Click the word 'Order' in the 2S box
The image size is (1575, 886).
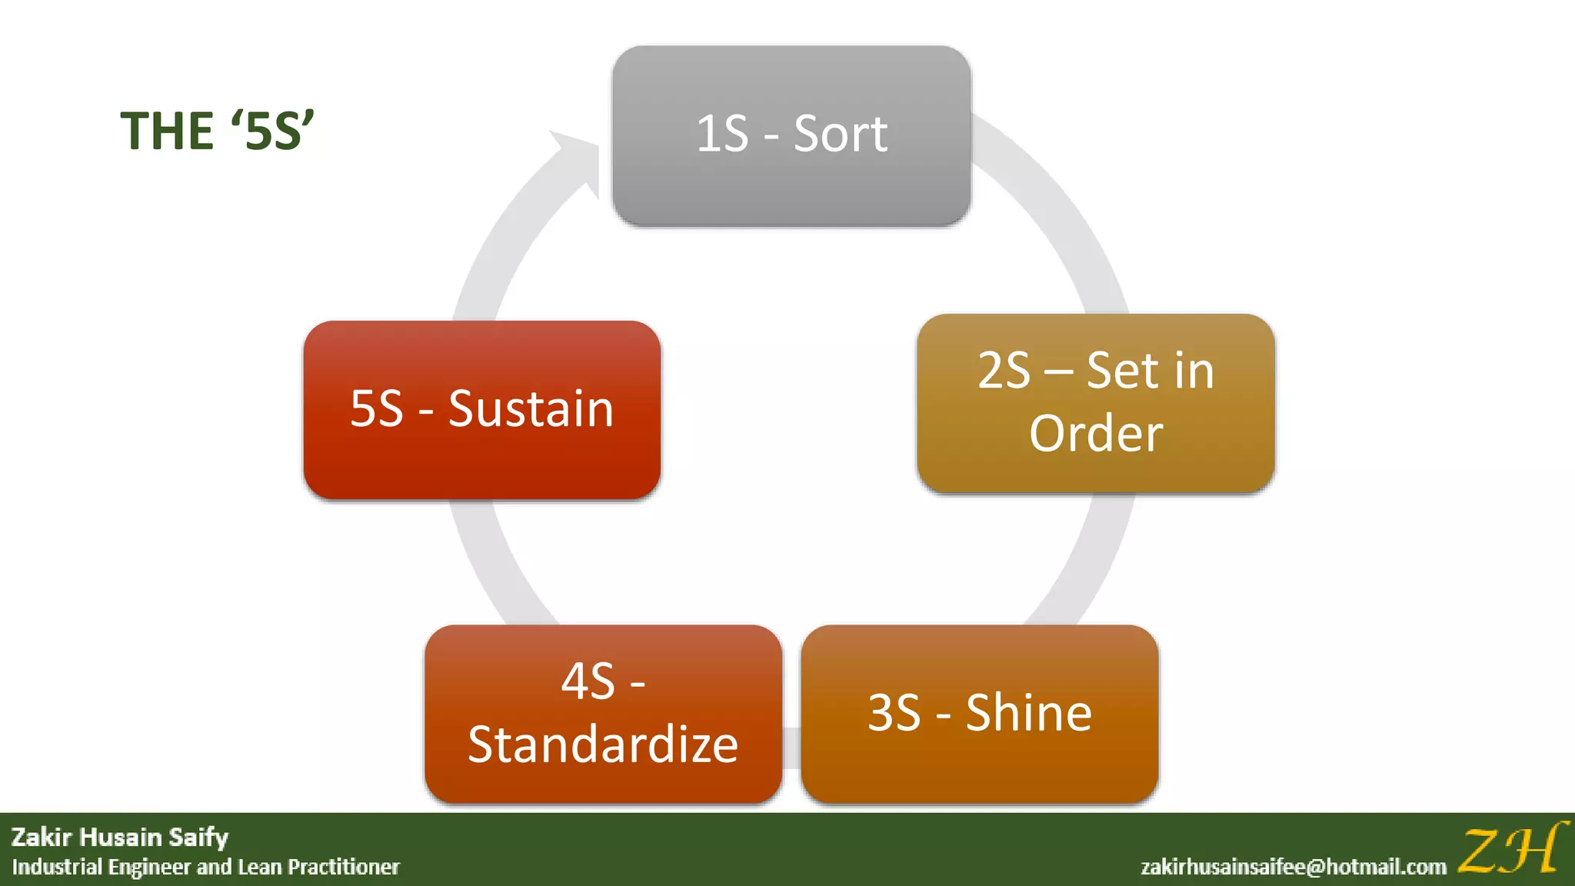pyautogui.click(x=1096, y=434)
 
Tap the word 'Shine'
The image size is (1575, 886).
pyautogui.click(x=1028, y=713)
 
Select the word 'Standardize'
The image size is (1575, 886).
pyautogui.click(x=603, y=744)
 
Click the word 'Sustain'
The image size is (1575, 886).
pyautogui.click(x=531, y=408)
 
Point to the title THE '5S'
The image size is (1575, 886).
pyautogui.click(x=217, y=131)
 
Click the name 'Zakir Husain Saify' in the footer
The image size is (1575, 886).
pyautogui.click(x=120, y=837)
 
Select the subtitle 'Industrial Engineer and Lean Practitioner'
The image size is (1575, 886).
pyautogui.click(x=206, y=868)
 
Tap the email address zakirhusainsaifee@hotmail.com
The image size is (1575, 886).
pyautogui.click(x=1294, y=868)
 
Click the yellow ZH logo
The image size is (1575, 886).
pyautogui.click(x=1511, y=849)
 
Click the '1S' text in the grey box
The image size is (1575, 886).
pyautogui.click(x=721, y=135)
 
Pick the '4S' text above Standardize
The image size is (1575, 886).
pyautogui.click(x=588, y=681)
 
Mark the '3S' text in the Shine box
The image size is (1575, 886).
pyautogui.click(x=894, y=713)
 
